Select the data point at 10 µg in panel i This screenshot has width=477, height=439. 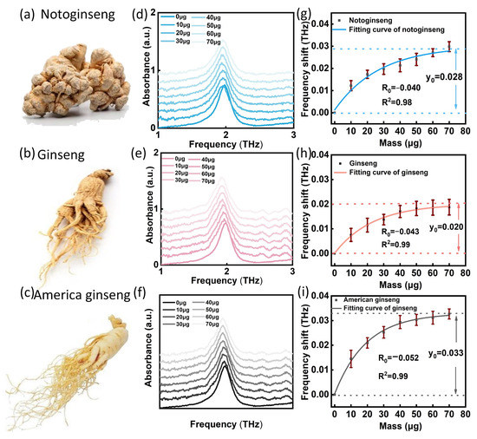350,357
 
